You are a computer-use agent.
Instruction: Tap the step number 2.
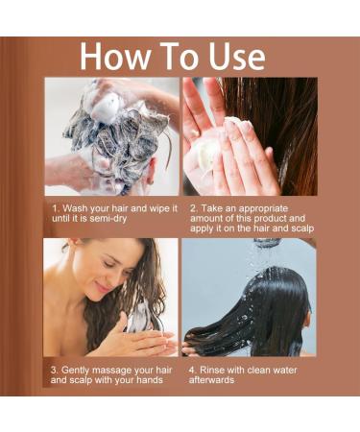194,207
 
